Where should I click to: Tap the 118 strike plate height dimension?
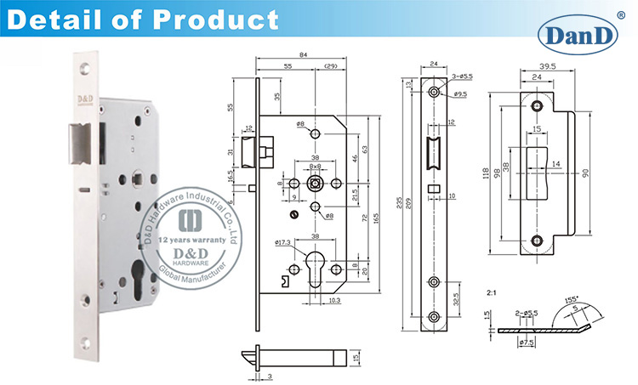(x=488, y=173)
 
